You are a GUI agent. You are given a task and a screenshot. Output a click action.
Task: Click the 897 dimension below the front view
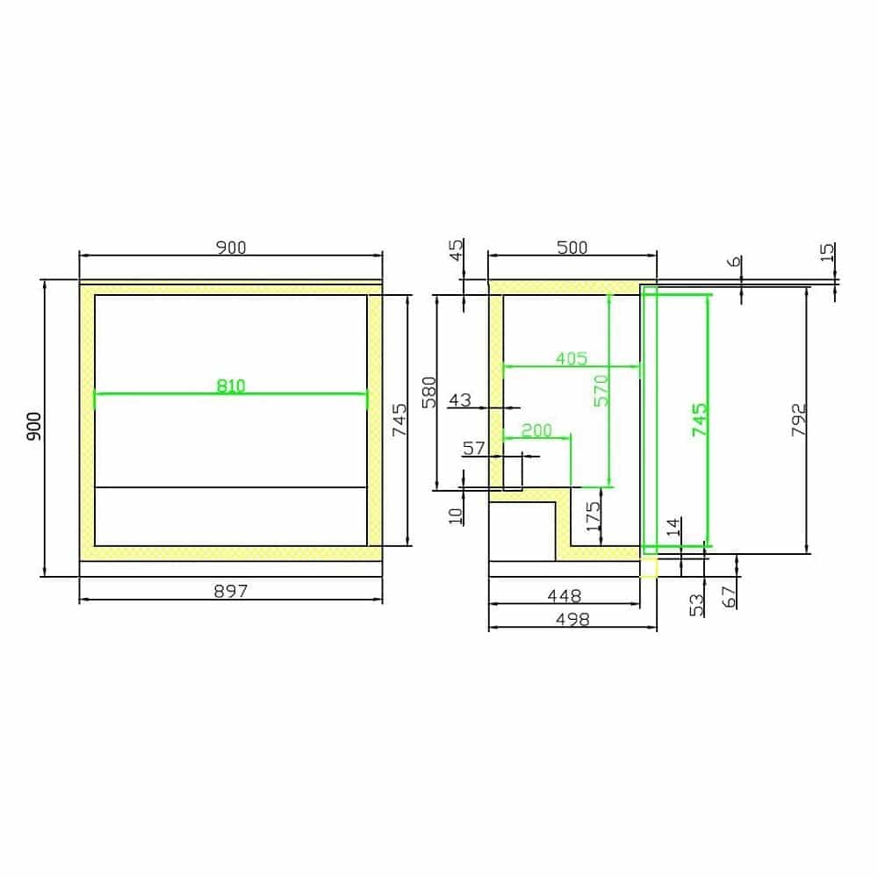[231, 591]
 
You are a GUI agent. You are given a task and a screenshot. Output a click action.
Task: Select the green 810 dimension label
[231, 385]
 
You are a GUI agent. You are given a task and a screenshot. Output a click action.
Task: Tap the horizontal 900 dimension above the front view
[231, 248]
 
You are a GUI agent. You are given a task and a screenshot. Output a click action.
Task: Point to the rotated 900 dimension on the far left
[34, 426]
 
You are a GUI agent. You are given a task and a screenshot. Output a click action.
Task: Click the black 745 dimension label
[399, 420]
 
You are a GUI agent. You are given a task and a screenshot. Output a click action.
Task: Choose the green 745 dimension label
[700, 420]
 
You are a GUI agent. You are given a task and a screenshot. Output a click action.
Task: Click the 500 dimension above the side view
[572, 248]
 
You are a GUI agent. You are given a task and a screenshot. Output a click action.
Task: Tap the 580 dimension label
[429, 392]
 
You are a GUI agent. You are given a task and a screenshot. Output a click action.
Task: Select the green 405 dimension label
[572, 358]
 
